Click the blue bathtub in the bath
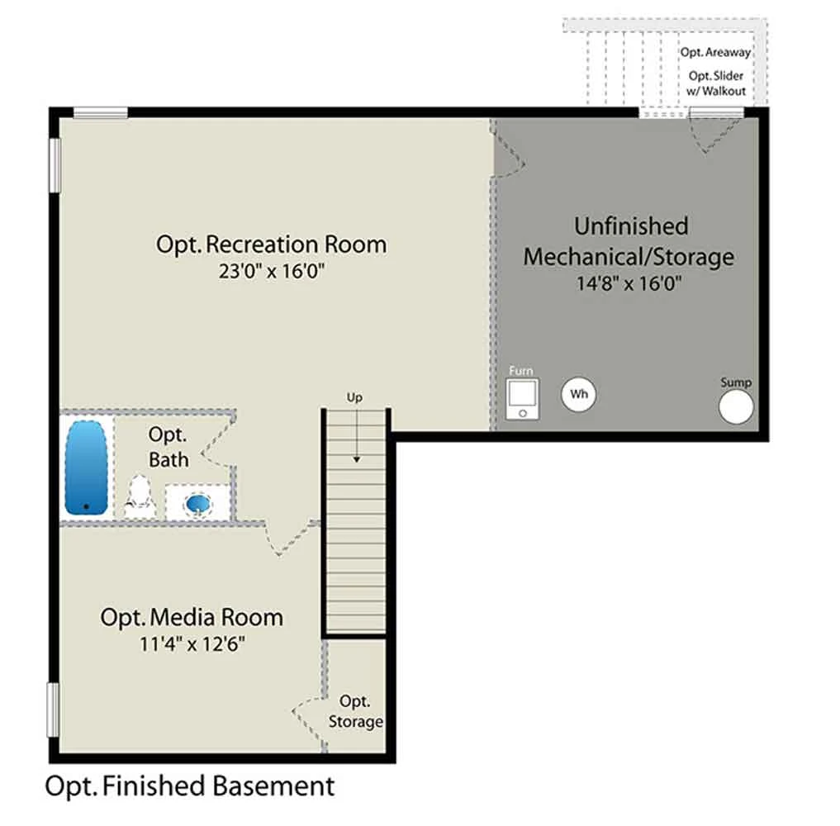[86, 468]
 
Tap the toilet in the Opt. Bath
[140, 496]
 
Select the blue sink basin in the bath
[197, 504]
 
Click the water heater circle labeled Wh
[578, 394]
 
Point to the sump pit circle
[736, 406]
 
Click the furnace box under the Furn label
[522, 399]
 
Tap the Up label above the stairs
[354, 397]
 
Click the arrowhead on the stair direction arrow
[356, 459]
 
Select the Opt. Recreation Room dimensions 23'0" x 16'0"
[272, 271]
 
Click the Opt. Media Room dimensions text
[192, 643]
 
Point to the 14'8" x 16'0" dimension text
[629, 282]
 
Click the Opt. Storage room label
[355, 711]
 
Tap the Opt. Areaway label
[716, 53]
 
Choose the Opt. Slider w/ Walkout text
[716, 83]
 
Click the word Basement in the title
[273, 786]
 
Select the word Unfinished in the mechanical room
[631, 226]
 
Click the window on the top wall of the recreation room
[100, 112]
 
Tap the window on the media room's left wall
[53, 710]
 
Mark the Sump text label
[736, 382]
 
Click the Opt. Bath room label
[168, 448]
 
